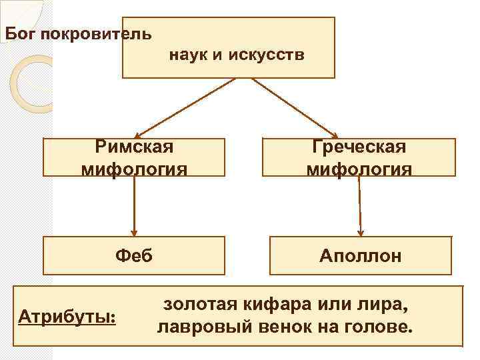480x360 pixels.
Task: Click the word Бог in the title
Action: pyautogui.click(x=20, y=33)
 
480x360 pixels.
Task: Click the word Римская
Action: pyautogui.click(x=134, y=146)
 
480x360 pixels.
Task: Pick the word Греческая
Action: pyautogui.click(x=359, y=146)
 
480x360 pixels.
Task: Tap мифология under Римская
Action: pyautogui.click(x=134, y=169)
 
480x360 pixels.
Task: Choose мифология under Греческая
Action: pyautogui.click(x=359, y=169)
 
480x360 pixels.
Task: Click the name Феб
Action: pyautogui.click(x=134, y=255)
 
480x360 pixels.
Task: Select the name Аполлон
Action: pyautogui.click(x=360, y=256)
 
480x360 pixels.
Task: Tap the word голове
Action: pyautogui.click(x=381, y=328)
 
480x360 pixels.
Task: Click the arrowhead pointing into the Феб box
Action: pyautogui.click(x=135, y=232)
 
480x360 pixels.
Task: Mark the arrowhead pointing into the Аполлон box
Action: pyautogui.click(x=361, y=232)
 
